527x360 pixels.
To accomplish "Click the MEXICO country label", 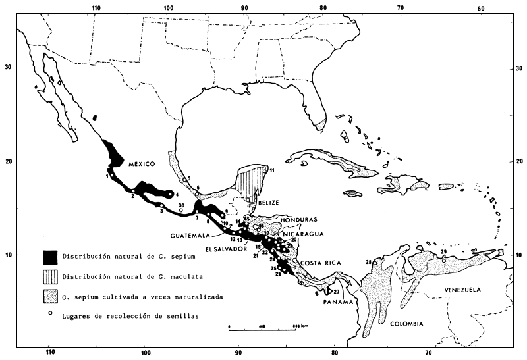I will coord(140,163).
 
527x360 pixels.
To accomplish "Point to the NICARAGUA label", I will coord(302,232).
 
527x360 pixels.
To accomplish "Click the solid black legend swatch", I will coord(50,256).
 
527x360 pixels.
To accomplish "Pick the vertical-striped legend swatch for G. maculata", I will coord(50,276).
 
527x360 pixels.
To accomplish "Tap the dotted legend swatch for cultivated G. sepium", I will coord(50,296).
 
